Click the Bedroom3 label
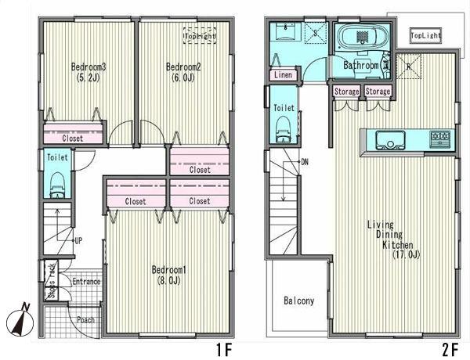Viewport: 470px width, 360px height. [x=89, y=67]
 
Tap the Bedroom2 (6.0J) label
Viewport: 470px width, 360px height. [x=183, y=72]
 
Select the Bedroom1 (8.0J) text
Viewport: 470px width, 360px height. [x=169, y=275]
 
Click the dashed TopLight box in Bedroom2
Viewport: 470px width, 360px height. [x=200, y=36]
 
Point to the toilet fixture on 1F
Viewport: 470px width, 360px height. [x=57, y=185]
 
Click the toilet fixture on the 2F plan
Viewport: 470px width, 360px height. [x=284, y=129]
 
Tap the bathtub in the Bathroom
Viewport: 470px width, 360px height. [x=358, y=37]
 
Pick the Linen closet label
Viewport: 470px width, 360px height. [x=283, y=75]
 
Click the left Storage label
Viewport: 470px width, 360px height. [x=346, y=92]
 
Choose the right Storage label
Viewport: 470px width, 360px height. [x=378, y=92]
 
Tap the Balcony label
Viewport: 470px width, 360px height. [x=299, y=301]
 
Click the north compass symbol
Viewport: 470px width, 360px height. [x=20, y=321]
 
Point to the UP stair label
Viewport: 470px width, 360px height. [x=78, y=241]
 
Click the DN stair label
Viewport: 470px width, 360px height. [x=305, y=163]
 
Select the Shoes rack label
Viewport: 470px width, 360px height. [x=52, y=280]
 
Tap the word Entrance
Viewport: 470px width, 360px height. [x=86, y=282]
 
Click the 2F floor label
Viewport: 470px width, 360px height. [x=450, y=350]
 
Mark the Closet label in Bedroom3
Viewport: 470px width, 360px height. [x=73, y=139]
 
